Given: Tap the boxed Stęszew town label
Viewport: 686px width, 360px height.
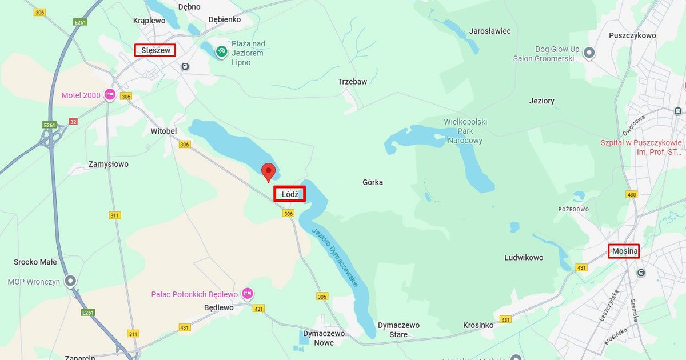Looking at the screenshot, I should click(155, 50).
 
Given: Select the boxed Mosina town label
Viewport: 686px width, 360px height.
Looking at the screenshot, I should click(624, 251).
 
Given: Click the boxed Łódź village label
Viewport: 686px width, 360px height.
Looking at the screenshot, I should click(289, 194).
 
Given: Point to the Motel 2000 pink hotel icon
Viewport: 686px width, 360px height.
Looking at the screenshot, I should click(110, 95).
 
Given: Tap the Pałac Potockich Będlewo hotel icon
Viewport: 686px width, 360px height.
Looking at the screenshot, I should click(247, 294).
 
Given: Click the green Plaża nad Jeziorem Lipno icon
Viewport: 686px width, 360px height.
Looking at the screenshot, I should click(221, 52).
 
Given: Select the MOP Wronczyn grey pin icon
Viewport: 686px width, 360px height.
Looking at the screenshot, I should click(70, 281).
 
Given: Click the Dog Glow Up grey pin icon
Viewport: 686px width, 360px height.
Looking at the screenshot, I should click(589, 54).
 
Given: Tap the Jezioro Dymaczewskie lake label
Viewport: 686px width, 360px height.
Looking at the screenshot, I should click(336, 257).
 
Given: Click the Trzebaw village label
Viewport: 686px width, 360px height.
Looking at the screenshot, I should click(352, 82).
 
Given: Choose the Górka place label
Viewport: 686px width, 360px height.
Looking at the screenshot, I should click(373, 182).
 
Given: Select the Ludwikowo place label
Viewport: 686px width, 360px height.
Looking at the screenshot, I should click(524, 258).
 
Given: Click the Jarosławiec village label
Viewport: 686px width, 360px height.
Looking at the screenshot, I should click(490, 31).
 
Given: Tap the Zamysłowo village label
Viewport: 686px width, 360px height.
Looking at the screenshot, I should click(109, 164).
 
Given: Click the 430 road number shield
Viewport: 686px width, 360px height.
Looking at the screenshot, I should click(631, 194).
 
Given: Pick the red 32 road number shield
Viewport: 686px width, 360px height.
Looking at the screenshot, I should click(73, 121).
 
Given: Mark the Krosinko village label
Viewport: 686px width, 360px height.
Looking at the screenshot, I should click(478, 325).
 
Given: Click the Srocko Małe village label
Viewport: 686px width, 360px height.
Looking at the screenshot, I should click(35, 262).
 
